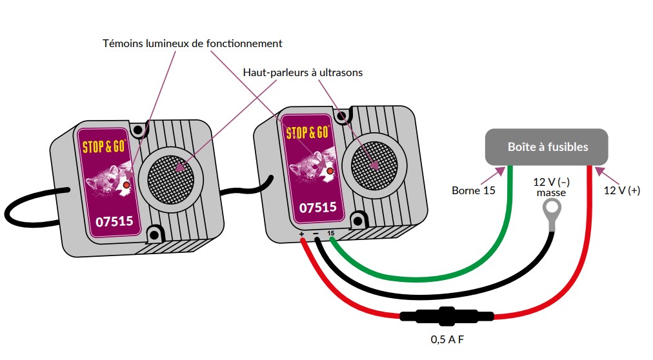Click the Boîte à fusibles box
547,147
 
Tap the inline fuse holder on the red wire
447,316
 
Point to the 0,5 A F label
447,339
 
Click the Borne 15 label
474,190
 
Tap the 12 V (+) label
622,190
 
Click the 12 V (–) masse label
552,187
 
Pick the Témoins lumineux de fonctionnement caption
192,43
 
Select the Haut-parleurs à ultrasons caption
303,72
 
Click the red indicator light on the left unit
126,185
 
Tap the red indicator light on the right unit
330,171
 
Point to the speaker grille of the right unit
373,165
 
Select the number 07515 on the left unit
114,221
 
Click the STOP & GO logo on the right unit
308,133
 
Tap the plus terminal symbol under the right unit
301,234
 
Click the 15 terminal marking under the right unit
330,233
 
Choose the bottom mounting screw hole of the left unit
154,234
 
